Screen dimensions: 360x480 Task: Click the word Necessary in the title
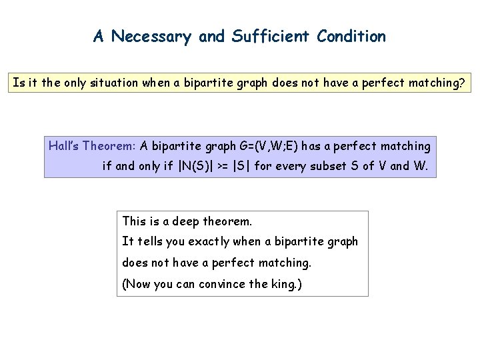[152, 37]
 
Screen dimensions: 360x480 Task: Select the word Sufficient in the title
[270, 37]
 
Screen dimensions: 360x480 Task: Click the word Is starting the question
[19, 84]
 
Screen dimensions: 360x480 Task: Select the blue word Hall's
[63, 145]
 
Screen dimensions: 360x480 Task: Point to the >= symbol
[219, 165]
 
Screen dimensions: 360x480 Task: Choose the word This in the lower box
[134, 221]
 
